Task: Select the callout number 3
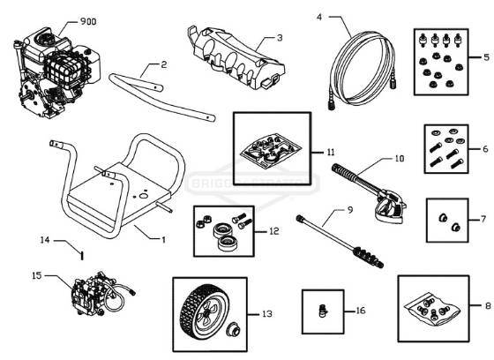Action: (x=280, y=38)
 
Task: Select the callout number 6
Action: (x=484, y=151)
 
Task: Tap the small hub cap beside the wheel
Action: (x=236, y=332)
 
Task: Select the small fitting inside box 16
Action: (x=322, y=309)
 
